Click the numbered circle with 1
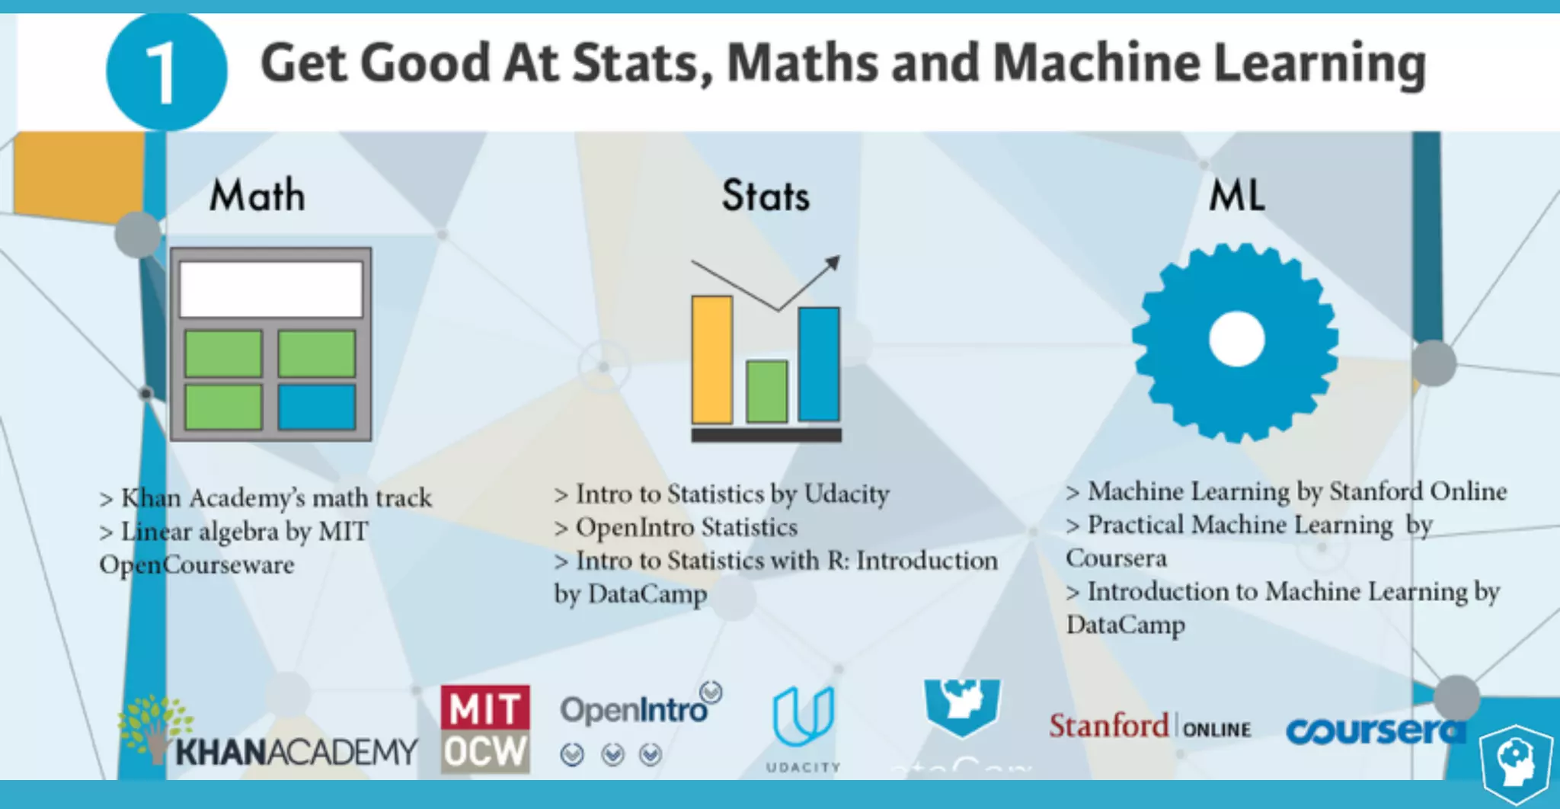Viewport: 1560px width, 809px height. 166,72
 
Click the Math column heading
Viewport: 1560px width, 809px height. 257,196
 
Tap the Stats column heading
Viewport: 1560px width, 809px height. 766,196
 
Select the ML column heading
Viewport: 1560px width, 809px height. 1237,196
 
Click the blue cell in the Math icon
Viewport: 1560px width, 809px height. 317,407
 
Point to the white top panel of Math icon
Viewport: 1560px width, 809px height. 270,289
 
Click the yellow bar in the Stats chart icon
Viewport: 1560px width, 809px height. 711,360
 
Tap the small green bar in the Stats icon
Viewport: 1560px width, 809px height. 766,392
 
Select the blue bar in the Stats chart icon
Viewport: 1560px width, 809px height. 819,364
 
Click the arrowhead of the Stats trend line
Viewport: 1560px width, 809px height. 833,264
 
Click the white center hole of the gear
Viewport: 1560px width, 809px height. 1237,340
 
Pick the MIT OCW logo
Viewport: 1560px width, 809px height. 485,729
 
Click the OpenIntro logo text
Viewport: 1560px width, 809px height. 634,710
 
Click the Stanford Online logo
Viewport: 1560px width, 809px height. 1149,727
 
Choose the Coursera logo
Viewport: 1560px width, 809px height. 1375,731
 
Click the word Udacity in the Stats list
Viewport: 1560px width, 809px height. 847,494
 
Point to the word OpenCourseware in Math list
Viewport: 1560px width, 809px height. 197,565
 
